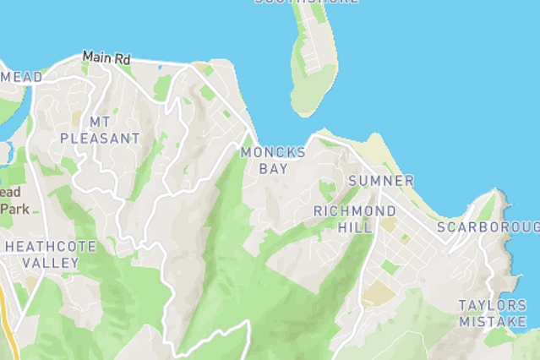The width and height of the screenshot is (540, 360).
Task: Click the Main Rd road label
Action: [x=107, y=58]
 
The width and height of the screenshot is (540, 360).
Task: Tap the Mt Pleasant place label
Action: [x=100, y=130]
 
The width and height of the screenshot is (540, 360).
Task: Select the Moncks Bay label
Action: [x=273, y=161]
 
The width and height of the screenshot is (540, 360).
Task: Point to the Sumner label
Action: [x=381, y=181]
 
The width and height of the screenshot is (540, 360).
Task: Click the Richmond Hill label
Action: [x=354, y=219]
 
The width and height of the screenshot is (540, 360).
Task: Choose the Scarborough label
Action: [x=488, y=227]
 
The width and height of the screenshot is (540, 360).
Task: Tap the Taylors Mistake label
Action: [x=493, y=313]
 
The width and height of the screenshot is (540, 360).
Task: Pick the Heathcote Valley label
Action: [x=51, y=254]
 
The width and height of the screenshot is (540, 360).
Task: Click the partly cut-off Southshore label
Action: [x=306, y=2]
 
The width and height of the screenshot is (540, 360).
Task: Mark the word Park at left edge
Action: [x=14, y=208]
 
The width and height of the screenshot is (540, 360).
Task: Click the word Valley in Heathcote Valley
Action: [x=51, y=263]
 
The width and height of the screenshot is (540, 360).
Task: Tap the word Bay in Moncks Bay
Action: [x=273, y=169]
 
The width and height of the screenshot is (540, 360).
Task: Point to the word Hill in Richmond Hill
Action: [x=354, y=227]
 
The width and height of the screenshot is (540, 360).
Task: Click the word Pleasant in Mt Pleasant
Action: [x=100, y=138]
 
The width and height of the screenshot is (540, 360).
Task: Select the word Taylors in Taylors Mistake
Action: [x=493, y=305]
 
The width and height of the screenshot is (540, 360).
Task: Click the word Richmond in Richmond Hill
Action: [x=354, y=210]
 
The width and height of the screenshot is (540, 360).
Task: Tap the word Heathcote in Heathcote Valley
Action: [x=51, y=247]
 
